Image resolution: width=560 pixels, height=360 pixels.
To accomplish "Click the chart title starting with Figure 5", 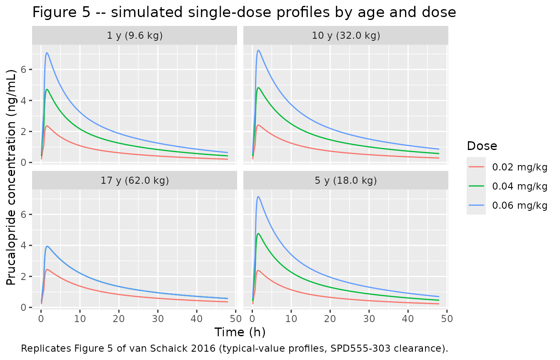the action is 244,12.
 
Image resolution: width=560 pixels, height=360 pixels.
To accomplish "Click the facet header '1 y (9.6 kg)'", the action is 135,35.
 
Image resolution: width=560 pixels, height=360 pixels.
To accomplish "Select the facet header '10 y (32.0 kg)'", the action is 346,35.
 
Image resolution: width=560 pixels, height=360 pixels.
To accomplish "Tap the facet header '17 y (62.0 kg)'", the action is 135,180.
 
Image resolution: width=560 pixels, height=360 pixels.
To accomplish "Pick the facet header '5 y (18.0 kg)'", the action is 346,180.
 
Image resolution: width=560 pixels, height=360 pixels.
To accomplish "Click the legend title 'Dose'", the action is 482,146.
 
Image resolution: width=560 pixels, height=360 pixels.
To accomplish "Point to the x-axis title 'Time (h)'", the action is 240,332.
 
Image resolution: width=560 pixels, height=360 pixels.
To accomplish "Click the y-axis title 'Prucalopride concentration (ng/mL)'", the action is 11,177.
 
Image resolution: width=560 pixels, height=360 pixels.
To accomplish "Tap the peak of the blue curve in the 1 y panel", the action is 47,53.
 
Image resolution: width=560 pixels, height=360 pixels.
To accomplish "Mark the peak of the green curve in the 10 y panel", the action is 258,87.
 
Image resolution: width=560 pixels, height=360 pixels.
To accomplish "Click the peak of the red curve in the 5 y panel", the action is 258,270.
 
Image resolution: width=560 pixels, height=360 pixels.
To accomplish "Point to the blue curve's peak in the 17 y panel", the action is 47,246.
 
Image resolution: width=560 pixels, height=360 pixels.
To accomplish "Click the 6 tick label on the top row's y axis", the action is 23,70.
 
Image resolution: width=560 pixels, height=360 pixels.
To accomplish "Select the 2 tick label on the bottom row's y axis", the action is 23,277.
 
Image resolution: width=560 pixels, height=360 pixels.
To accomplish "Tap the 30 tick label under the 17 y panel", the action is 158,319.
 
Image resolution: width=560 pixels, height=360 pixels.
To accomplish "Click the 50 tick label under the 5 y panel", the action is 447,319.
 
